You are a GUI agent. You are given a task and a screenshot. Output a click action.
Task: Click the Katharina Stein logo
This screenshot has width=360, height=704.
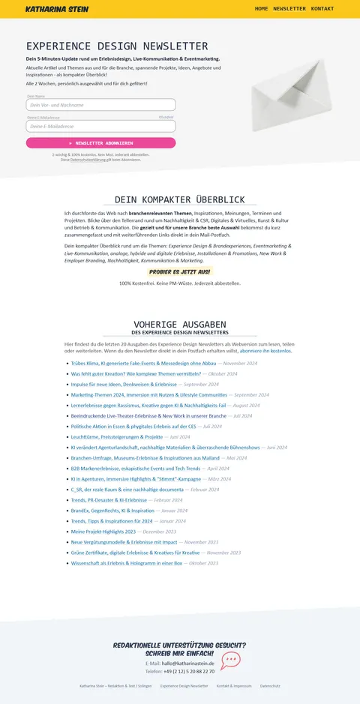57,9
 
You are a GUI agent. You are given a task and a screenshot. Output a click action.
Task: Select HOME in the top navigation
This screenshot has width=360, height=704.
261,9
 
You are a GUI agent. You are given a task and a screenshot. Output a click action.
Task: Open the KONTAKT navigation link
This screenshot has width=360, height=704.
322,9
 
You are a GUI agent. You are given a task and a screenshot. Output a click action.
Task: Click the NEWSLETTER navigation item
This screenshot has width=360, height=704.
289,9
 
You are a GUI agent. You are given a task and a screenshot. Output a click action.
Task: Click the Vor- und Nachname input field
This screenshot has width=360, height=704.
101,105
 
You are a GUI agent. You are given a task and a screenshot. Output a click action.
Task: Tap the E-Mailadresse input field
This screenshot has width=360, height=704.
101,126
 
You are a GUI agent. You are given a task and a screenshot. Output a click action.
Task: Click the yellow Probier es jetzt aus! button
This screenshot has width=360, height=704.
180,271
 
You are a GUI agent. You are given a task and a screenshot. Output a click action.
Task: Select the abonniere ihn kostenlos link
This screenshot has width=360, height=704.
265,351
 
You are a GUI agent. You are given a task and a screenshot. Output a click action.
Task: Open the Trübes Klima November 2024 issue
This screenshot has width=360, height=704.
143,363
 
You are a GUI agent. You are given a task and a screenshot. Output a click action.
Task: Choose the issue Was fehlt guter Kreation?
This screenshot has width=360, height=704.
136,373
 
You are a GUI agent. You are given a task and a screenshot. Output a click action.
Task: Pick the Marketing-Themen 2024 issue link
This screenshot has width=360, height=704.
148,394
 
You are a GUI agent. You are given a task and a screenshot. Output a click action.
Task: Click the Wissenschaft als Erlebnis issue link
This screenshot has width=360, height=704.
127,563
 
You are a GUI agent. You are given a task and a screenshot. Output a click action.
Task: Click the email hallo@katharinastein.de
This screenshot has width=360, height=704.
188,664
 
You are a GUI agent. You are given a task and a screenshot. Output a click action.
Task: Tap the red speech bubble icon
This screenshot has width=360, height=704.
230,661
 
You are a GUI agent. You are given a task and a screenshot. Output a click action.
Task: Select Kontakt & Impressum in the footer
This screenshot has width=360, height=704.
234,686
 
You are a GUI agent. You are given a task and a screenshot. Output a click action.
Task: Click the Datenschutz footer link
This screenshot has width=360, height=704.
270,686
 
